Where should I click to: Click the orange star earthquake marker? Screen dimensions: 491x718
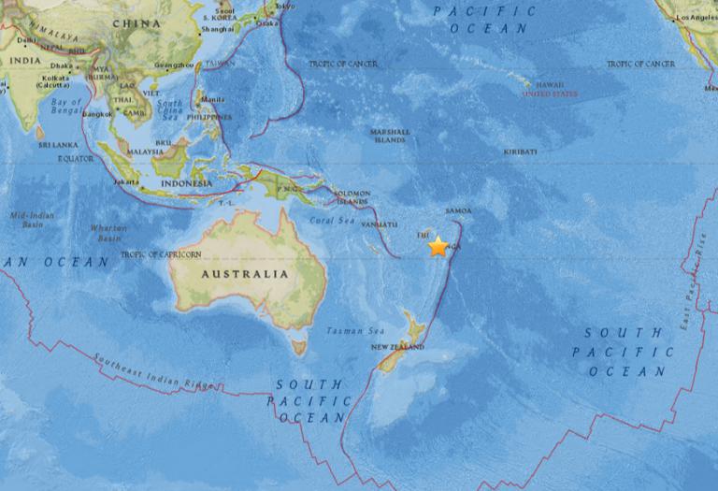438,247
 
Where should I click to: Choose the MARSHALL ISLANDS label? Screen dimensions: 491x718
390,137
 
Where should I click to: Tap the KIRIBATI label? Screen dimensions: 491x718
520,151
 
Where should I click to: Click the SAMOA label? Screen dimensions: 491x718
459,210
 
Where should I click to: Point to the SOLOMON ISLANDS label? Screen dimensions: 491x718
352,198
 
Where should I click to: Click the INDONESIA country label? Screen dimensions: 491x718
184,183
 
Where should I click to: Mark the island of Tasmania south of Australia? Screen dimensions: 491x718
299,347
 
